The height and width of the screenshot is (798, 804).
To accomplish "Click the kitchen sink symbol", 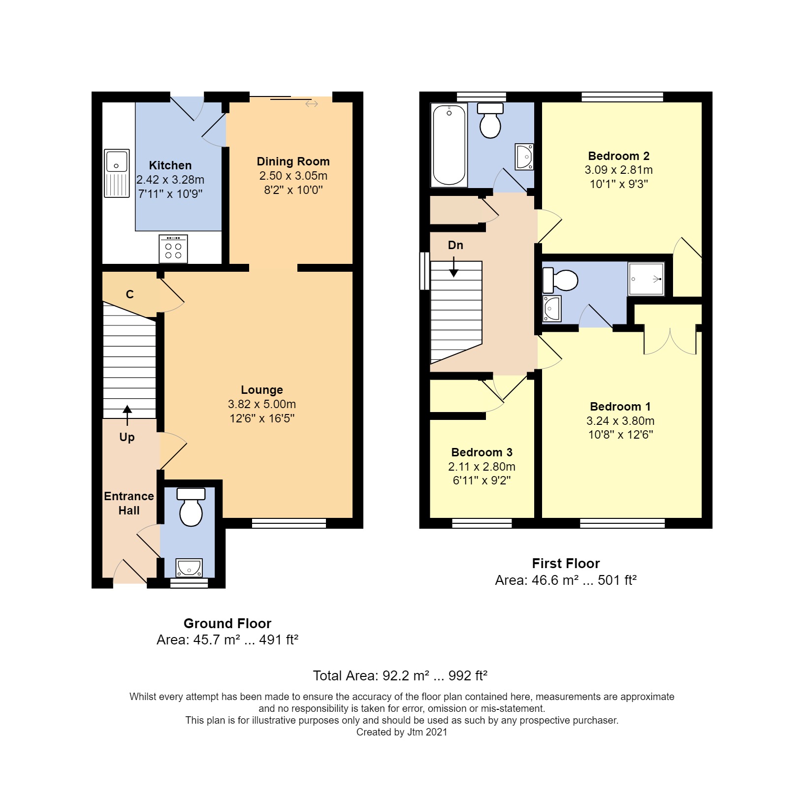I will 117,173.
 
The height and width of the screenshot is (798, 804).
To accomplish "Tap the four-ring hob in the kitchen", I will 173,249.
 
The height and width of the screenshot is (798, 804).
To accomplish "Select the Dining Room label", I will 293,161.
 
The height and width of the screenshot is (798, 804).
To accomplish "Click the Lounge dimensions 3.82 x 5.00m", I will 261,404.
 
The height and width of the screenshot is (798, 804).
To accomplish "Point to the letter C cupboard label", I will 130,294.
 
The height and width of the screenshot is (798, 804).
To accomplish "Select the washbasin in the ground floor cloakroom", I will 189,568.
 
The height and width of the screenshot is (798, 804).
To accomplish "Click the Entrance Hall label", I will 129,503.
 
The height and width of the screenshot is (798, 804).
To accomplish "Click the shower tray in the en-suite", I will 646,279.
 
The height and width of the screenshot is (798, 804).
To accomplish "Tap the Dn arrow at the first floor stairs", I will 453,269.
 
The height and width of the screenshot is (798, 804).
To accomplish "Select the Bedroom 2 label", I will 618,156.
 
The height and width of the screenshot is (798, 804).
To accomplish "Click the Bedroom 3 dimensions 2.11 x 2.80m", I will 482,467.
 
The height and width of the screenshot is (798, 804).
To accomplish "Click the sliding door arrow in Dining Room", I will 311,104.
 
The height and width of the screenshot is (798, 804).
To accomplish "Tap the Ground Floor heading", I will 227,623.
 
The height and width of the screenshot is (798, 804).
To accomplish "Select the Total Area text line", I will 400,675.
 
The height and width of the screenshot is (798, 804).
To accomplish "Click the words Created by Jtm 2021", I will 401,732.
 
